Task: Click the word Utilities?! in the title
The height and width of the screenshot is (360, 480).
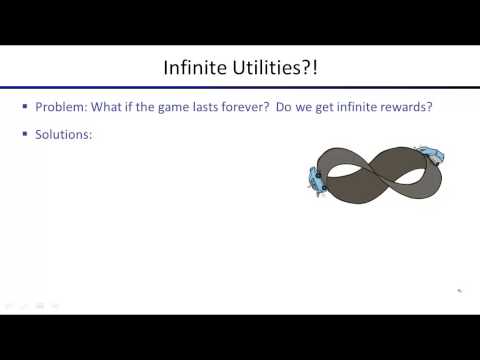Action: tap(274, 68)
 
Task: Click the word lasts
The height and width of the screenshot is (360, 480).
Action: tap(199, 107)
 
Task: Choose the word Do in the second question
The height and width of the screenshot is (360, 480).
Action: tap(275, 107)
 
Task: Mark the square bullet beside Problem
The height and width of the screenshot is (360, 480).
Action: tap(25, 107)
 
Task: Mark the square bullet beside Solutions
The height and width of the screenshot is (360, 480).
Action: tap(25, 133)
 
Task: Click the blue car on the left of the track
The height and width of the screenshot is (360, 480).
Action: tap(317, 181)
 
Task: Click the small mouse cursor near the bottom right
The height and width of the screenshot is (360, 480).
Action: tap(459, 291)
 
